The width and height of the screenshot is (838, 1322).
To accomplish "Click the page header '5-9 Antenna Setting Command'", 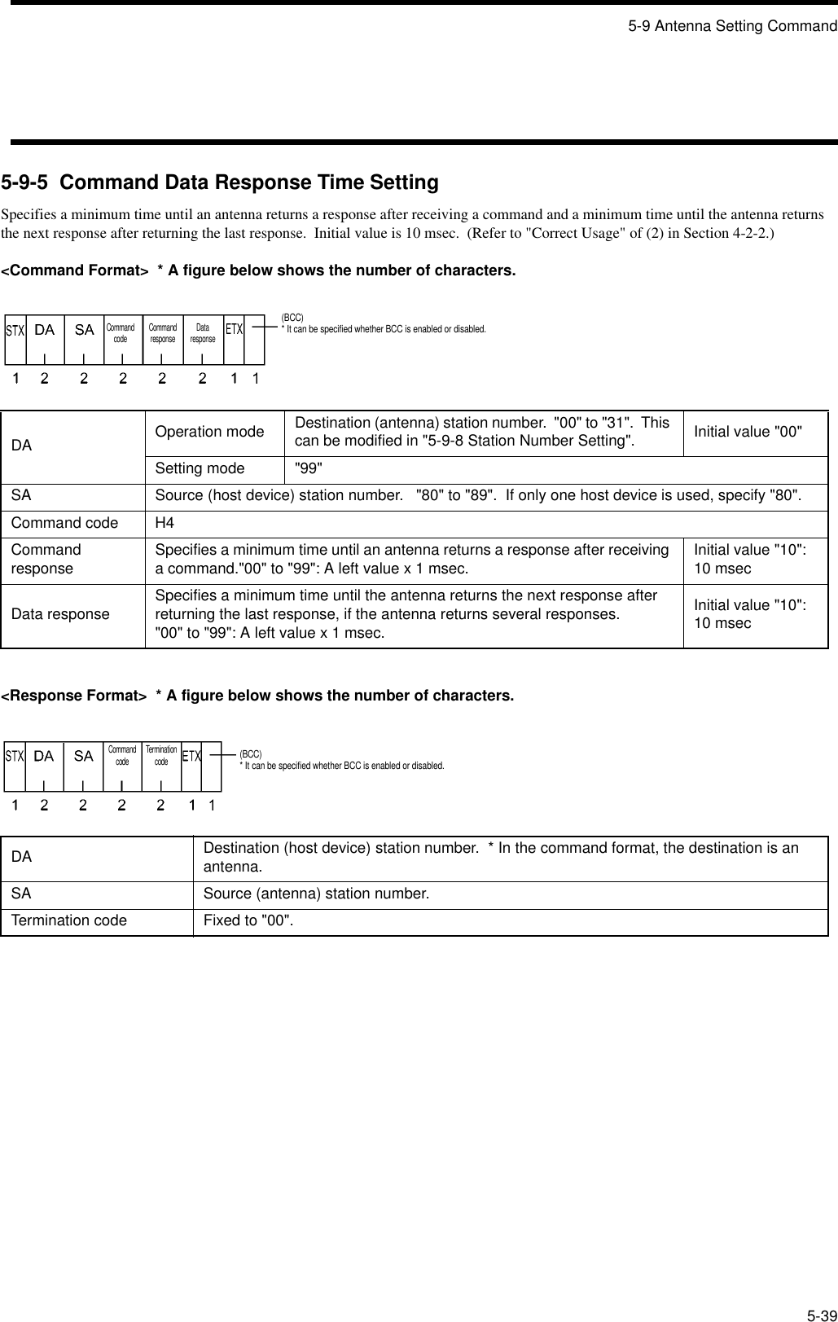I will pos(731,26).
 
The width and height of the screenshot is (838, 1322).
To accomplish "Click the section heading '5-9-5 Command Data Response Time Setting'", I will pos(220,182).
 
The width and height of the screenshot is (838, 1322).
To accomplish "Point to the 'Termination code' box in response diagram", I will pos(161,756).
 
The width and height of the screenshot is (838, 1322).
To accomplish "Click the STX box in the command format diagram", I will pos(15,331).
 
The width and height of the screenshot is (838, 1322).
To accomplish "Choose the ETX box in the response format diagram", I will pos(191,757).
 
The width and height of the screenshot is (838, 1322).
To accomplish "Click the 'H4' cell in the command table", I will pos(164,523).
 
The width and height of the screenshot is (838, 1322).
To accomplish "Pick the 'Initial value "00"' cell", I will pos(748,432).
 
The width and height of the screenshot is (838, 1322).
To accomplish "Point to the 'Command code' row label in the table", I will pos(64,523).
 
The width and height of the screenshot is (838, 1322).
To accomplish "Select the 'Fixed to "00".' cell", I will pos(249,920).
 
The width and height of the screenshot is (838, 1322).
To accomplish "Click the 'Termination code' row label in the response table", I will pos(69,920).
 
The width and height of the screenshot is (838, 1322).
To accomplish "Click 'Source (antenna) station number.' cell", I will pos(316,894).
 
